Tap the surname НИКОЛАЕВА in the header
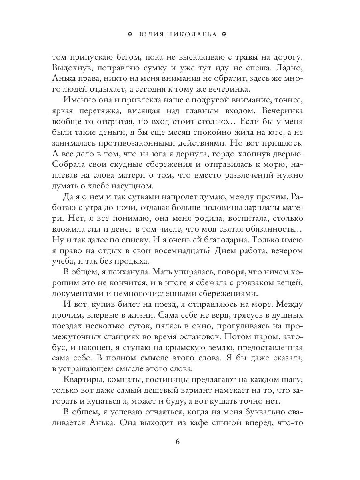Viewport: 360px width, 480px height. tap(192, 35)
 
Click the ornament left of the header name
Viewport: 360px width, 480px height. tap(129, 35)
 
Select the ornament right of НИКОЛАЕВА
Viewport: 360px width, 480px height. tap(224, 35)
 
